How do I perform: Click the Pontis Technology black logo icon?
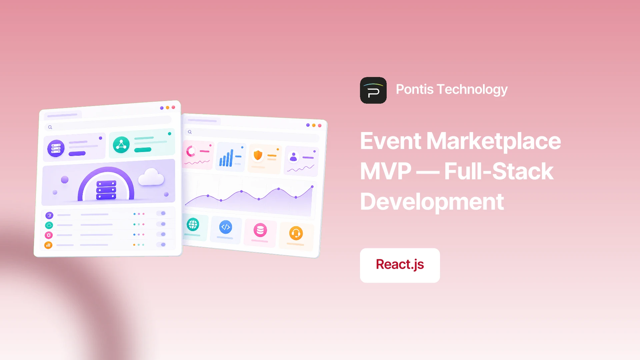point(373,90)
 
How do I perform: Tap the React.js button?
point(400,265)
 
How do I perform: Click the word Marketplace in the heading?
point(494,141)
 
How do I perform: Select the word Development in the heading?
point(432,202)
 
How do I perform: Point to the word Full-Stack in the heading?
point(499,171)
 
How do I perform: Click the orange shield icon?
point(258,155)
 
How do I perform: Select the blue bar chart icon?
point(226,158)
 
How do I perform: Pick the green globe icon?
point(193,224)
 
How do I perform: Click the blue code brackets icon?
point(226,227)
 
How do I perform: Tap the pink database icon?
point(260,230)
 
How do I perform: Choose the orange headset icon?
point(296,233)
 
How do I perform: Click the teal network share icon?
point(121,145)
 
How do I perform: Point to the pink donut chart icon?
point(191,151)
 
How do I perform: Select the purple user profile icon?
point(293,157)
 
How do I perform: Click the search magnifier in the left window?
point(50,127)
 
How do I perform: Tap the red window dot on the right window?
point(320,125)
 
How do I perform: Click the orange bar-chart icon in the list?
point(48,245)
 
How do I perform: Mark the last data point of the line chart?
point(312,187)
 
